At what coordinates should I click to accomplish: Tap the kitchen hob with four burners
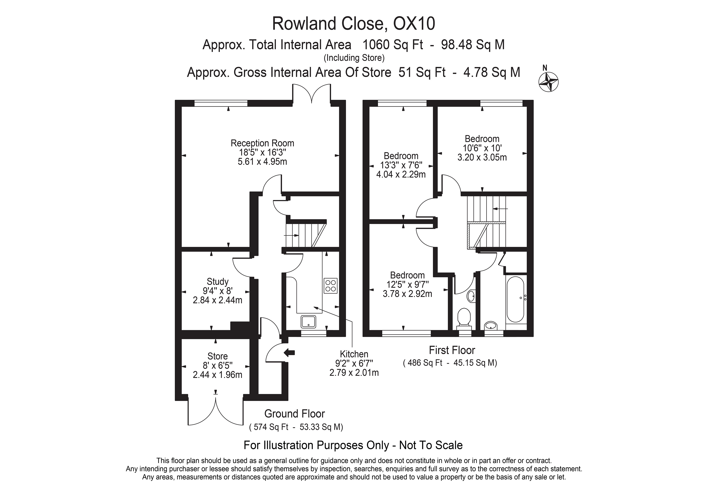(330, 286)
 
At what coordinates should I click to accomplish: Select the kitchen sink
(308, 322)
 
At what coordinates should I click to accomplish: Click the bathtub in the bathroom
(515, 299)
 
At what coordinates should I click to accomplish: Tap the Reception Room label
(263, 143)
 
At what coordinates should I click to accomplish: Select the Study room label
(218, 282)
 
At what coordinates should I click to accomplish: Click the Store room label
(218, 356)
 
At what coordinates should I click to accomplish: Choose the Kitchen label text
(354, 354)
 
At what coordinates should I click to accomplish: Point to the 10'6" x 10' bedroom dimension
(482, 148)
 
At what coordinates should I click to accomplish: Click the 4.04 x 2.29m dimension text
(401, 174)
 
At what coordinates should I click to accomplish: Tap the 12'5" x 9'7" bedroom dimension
(407, 284)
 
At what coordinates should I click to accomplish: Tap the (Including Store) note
(354, 58)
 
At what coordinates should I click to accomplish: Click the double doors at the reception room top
(312, 94)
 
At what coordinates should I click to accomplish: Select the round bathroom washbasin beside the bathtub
(491, 325)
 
